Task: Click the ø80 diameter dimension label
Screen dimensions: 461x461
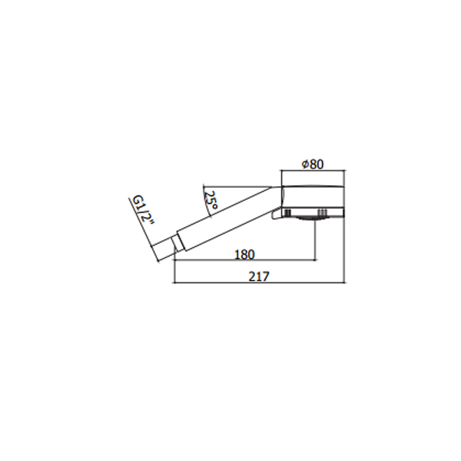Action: pos(313,164)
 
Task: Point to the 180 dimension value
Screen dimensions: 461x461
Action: pos(245,254)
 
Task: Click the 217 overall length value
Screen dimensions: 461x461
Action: pos(259,277)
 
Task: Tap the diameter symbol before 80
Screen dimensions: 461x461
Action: pos(305,165)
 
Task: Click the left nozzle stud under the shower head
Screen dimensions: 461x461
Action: pos(288,212)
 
